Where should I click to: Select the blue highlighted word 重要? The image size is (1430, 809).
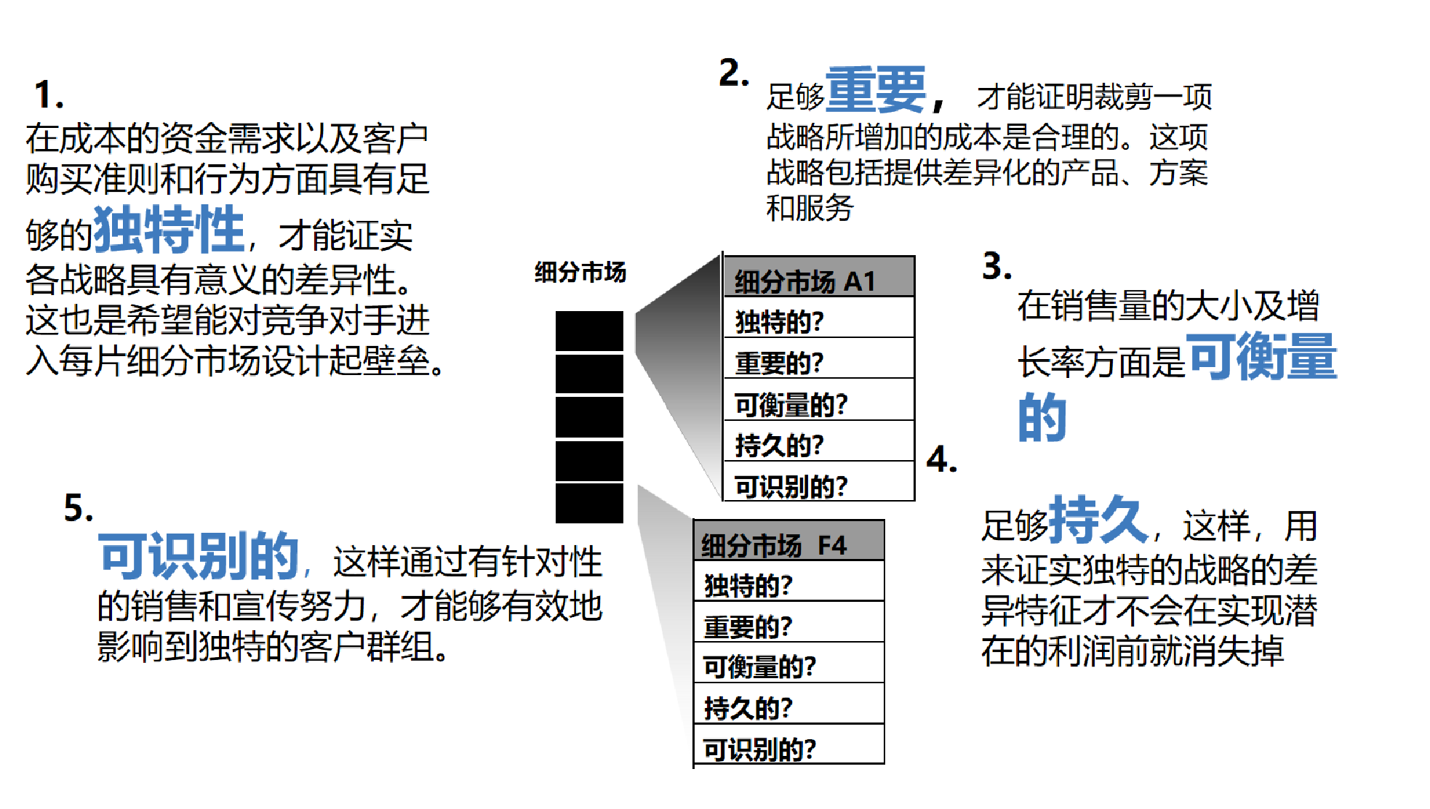[x=876, y=90]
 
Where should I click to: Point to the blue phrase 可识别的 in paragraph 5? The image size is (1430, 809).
[x=199, y=556]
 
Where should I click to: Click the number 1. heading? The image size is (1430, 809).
[x=49, y=95]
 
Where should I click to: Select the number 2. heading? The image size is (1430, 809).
[x=733, y=73]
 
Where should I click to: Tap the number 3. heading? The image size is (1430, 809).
[x=996, y=266]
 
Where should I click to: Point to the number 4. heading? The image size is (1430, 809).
[x=941, y=459]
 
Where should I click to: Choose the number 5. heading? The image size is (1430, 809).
[x=79, y=508]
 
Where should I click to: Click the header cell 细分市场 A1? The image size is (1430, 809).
[x=818, y=281]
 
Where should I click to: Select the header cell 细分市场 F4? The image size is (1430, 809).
[x=788, y=544]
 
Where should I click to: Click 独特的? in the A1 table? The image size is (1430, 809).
[x=779, y=321]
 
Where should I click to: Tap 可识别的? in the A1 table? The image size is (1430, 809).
[x=791, y=486]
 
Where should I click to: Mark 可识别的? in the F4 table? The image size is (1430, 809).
[x=759, y=749]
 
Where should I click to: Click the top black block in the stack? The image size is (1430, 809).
[x=589, y=331]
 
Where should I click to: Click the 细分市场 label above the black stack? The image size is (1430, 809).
[x=580, y=272]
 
